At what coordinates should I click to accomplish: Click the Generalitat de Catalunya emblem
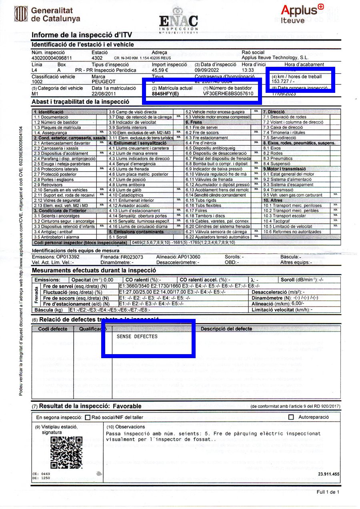(x=20, y=14)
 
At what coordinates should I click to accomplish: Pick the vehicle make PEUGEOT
(x=104, y=82)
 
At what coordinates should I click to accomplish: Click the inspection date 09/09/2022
(x=207, y=70)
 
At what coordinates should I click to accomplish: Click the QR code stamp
(x=66, y=452)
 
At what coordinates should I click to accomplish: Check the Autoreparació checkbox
(x=291, y=417)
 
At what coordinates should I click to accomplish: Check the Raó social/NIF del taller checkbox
(x=88, y=417)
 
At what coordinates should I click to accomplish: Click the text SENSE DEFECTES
(x=137, y=337)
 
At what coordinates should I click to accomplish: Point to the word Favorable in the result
(x=127, y=406)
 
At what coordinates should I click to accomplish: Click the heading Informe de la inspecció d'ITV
(x=82, y=35)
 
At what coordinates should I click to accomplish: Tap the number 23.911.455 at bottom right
(x=329, y=474)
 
